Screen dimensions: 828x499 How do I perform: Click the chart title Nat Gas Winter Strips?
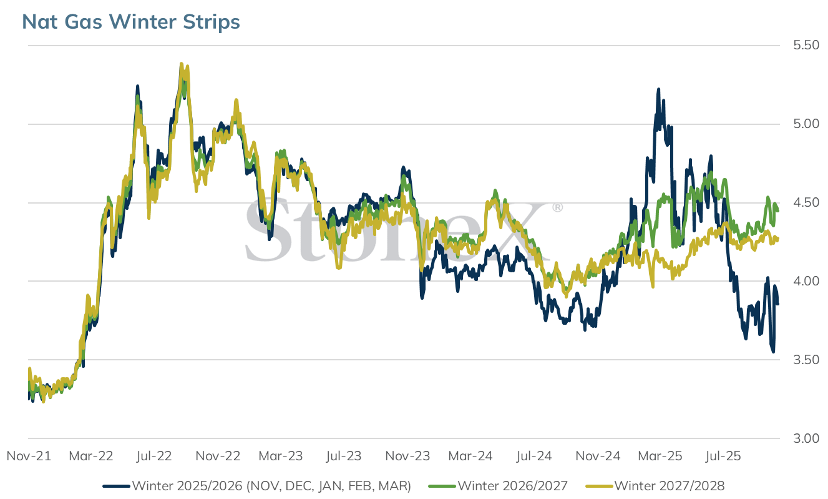point(131,21)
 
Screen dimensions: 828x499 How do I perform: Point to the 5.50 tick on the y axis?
point(806,45)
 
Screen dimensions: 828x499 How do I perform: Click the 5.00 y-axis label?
point(806,124)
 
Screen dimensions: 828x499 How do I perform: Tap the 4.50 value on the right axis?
point(806,202)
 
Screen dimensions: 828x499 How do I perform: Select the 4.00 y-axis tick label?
point(806,281)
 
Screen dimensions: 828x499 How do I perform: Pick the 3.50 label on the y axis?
point(806,360)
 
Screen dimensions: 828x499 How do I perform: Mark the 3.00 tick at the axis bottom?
point(806,438)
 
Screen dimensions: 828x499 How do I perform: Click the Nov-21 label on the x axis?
point(29,456)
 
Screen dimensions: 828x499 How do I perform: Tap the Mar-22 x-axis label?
point(91,456)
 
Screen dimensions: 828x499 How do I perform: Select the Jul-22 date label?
point(153,456)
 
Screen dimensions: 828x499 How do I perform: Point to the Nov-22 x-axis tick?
point(218,456)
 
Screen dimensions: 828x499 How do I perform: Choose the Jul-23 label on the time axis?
point(343,456)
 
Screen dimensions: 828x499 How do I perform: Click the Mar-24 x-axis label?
point(470,456)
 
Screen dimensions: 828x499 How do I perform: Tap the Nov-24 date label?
point(598,456)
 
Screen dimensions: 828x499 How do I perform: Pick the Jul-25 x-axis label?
point(723,456)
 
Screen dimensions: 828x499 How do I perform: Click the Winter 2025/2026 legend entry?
point(257,486)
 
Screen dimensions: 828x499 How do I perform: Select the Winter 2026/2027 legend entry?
point(498,486)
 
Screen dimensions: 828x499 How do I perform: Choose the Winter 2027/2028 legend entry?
point(655,486)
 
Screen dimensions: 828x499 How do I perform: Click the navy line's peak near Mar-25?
point(658,89)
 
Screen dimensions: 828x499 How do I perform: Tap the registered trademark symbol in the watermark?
point(557,207)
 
